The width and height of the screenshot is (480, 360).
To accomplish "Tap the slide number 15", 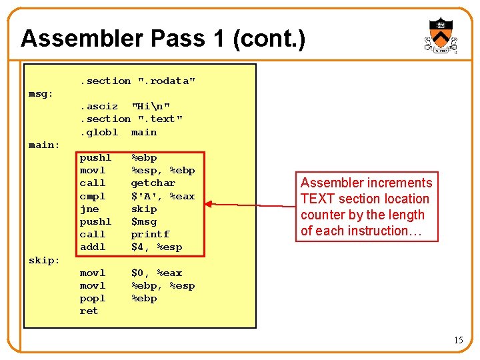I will pos(458,341).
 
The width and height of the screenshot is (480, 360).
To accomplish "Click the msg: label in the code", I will pos(41,94).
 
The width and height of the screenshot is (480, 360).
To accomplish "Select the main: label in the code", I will pos(44,145).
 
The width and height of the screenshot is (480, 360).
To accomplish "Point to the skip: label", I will pos(44,260).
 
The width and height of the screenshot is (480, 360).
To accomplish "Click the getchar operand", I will pos(153,183).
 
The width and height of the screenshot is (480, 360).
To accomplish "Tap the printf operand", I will pos(150,234).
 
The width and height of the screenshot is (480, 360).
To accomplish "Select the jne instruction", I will pos(89,209).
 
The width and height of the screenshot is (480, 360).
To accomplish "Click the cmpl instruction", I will pos(93,196).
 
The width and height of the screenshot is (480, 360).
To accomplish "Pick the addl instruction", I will pos(93,247).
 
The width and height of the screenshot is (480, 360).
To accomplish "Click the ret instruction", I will pos(89,311).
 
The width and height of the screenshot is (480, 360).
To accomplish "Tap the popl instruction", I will pos(93,299).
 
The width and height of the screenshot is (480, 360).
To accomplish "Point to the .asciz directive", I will pos(99,106).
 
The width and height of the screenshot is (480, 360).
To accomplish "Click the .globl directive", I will pos(99,132).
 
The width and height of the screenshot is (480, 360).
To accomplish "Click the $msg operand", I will pos(143,221).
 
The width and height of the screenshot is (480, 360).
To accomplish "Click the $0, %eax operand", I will pos(156,273).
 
